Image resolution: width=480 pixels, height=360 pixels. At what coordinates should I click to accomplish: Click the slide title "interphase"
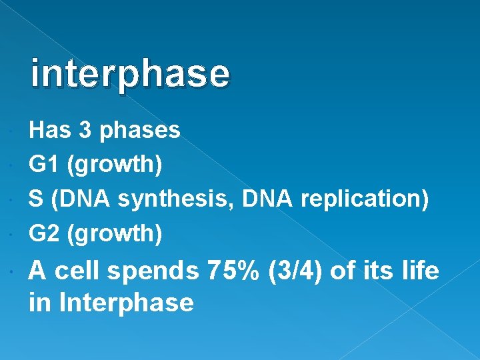click(130, 74)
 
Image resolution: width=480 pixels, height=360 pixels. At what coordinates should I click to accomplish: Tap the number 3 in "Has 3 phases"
click(85, 130)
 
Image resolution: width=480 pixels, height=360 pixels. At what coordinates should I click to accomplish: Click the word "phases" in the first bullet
click(139, 131)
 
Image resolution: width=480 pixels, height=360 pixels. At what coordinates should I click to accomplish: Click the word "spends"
click(152, 272)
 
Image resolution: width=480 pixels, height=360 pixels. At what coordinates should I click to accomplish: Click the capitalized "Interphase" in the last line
click(127, 303)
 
